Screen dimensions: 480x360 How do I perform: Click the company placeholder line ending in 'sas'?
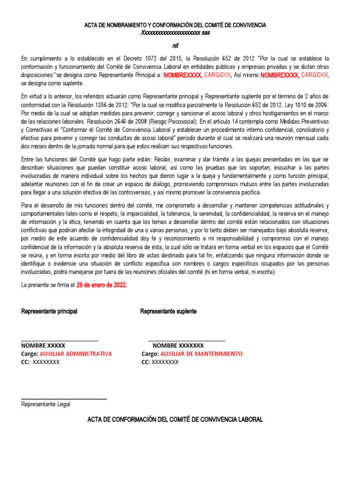point(175,33)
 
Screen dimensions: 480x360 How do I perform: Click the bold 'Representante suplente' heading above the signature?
point(169,311)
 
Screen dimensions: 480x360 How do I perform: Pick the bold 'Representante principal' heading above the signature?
point(49,311)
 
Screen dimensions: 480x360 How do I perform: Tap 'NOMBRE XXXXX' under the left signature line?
point(43,345)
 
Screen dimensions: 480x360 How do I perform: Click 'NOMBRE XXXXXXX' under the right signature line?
point(179,345)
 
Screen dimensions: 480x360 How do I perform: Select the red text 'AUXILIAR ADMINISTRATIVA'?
point(76,354)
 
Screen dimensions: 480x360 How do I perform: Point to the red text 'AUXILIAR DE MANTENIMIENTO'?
point(200,354)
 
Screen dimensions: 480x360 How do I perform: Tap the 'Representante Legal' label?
point(45,404)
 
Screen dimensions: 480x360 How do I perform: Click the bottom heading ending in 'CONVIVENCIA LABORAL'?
point(175,419)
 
